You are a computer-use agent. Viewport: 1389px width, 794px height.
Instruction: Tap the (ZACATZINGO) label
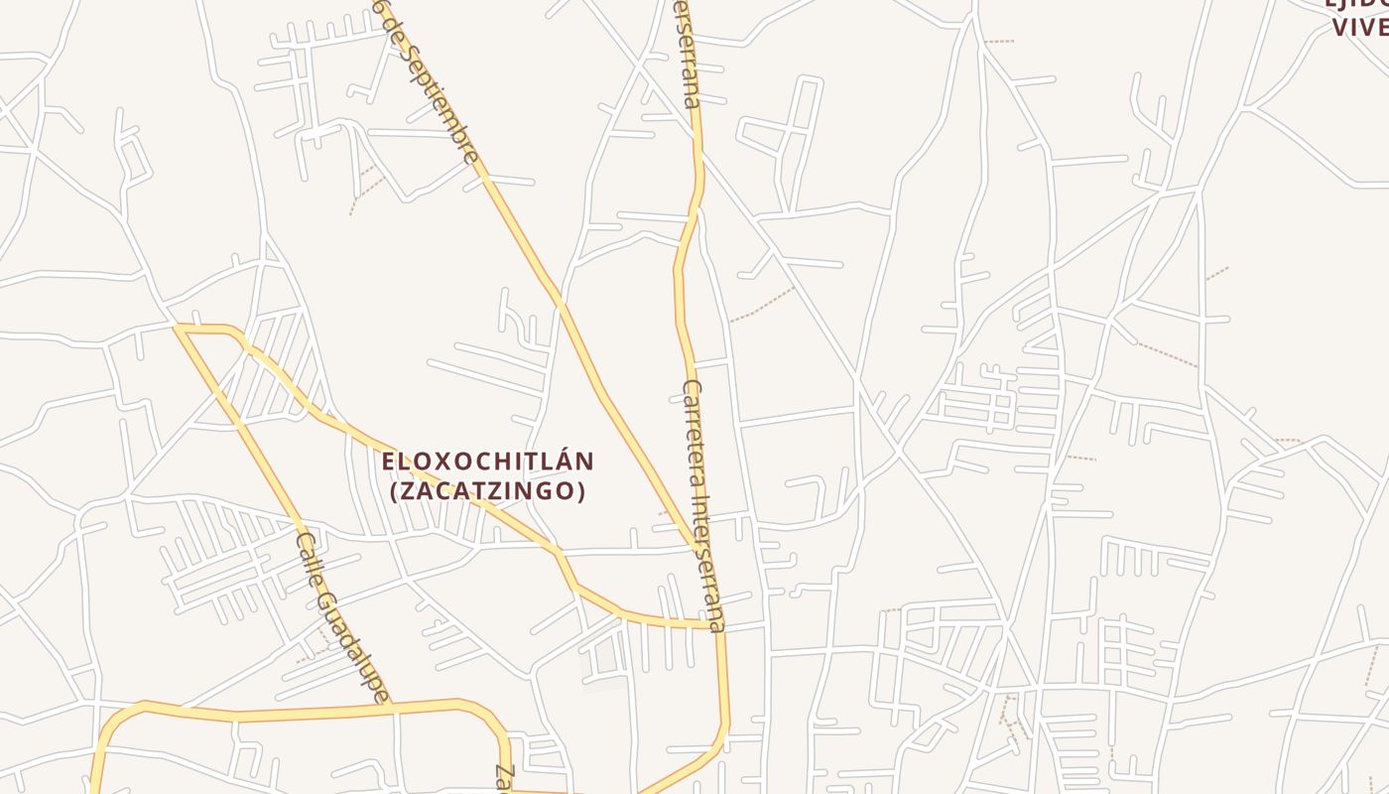tap(488, 491)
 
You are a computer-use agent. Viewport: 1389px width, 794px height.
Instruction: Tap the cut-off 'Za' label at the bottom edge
tap(504, 779)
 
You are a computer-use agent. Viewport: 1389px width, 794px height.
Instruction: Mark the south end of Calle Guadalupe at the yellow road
tap(391, 706)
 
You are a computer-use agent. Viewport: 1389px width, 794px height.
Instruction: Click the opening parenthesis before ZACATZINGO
tap(394, 491)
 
